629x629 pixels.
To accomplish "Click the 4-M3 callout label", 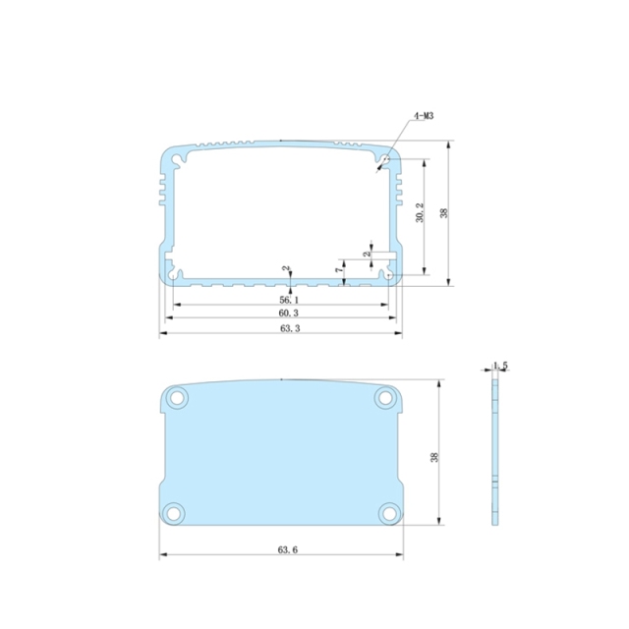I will pos(424,116).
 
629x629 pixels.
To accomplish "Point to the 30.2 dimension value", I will pos(420,213).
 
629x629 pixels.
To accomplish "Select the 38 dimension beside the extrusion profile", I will pos(444,213).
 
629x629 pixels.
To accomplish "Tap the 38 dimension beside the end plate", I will pos(433,456).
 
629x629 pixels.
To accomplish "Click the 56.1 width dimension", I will pos(289,299).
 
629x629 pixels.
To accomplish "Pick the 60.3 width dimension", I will pos(289,313).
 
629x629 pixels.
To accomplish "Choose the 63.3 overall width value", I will pos(289,328).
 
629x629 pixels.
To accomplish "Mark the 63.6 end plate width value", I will pos(287,549).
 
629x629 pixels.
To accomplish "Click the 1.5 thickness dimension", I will pos(500,366).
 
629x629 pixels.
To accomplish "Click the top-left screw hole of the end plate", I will pos(178,398).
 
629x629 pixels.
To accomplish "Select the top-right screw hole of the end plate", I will pos(385,398).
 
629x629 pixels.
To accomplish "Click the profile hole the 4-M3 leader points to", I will pos(386,157).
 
